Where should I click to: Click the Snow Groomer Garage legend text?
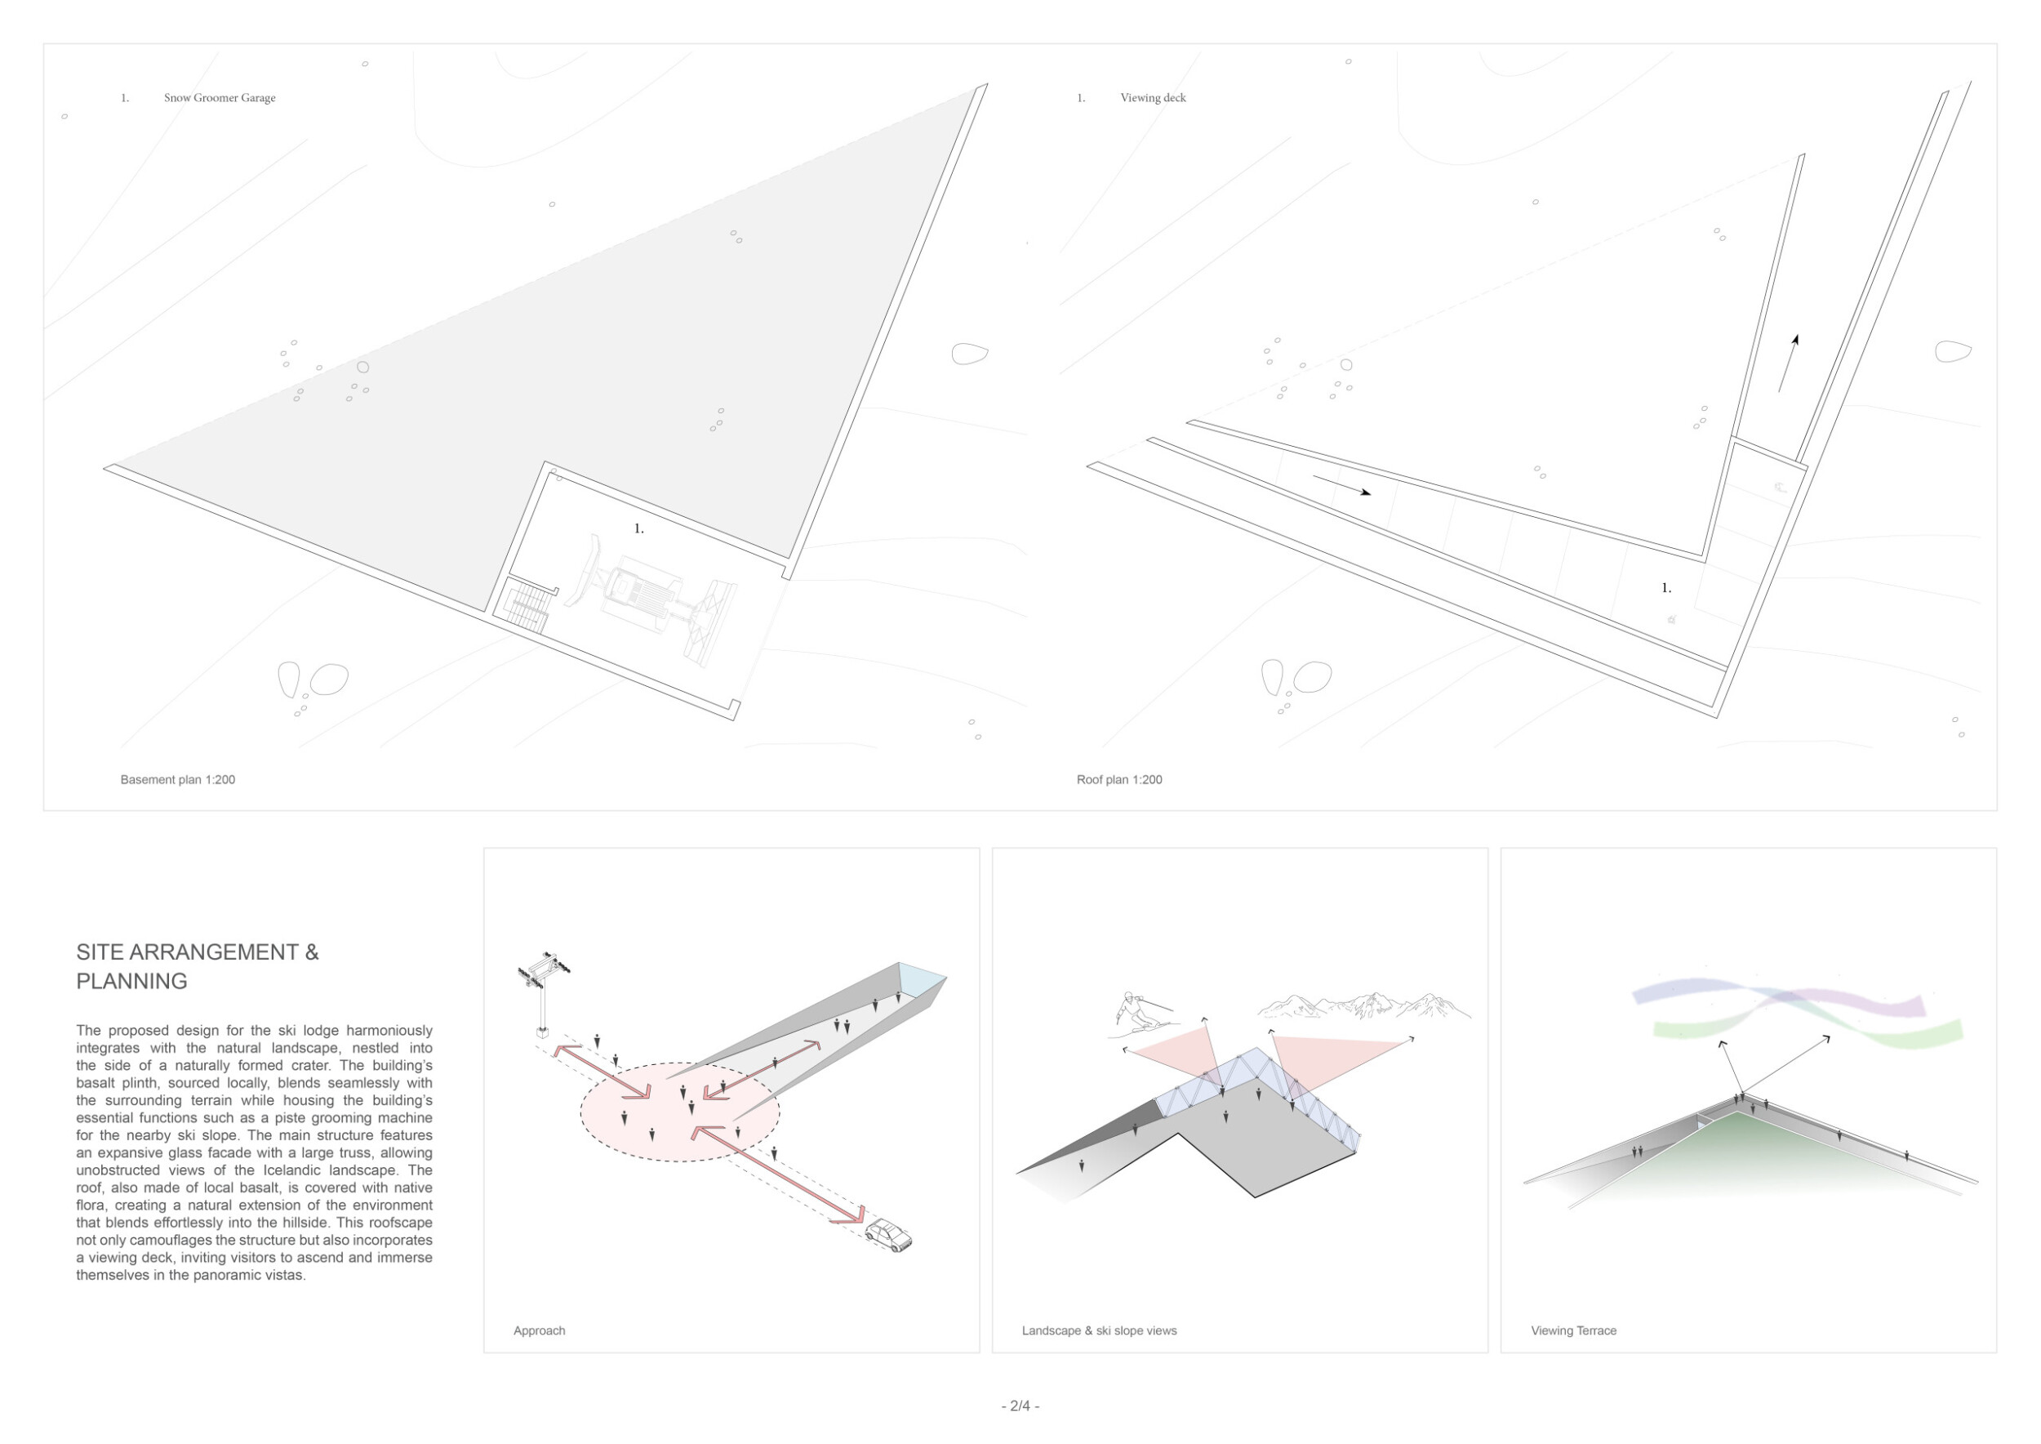(x=220, y=98)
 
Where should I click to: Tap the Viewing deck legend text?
(x=1153, y=98)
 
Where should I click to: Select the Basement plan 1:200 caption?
(x=178, y=780)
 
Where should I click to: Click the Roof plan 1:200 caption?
(x=1119, y=780)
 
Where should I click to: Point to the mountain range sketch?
(x=1363, y=1005)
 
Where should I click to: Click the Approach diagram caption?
(x=540, y=1331)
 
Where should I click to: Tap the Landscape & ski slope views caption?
(x=1099, y=1331)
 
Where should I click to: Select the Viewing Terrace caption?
(x=1573, y=1331)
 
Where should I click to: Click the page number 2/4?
(x=1020, y=1406)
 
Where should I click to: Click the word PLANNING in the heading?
(x=131, y=982)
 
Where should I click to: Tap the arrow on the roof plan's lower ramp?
(x=1341, y=485)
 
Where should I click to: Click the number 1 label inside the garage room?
(x=638, y=529)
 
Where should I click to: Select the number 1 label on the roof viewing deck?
(x=1666, y=588)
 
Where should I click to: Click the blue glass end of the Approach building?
(x=922, y=984)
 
